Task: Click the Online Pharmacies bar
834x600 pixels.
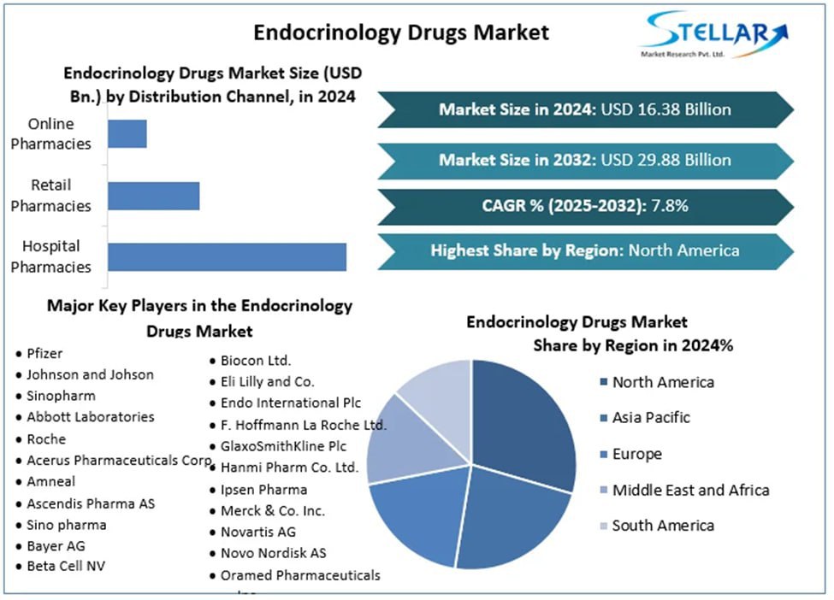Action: tap(127, 134)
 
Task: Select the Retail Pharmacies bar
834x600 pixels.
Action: tap(154, 196)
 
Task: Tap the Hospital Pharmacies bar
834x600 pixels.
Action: tap(227, 256)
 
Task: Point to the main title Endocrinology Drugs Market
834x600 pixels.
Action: tap(401, 32)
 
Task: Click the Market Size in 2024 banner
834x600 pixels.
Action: tap(585, 109)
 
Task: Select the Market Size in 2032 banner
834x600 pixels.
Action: tap(585, 160)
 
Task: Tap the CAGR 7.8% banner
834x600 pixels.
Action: tap(585, 206)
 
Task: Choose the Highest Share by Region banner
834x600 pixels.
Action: tap(585, 250)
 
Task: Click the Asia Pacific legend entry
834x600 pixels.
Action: tap(650, 418)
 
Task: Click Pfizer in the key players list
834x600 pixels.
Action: tap(44, 353)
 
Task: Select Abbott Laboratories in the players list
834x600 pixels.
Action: tap(90, 417)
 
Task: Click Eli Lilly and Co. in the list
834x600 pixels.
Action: tap(267, 381)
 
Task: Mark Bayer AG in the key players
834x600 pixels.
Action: tap(56, 545)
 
